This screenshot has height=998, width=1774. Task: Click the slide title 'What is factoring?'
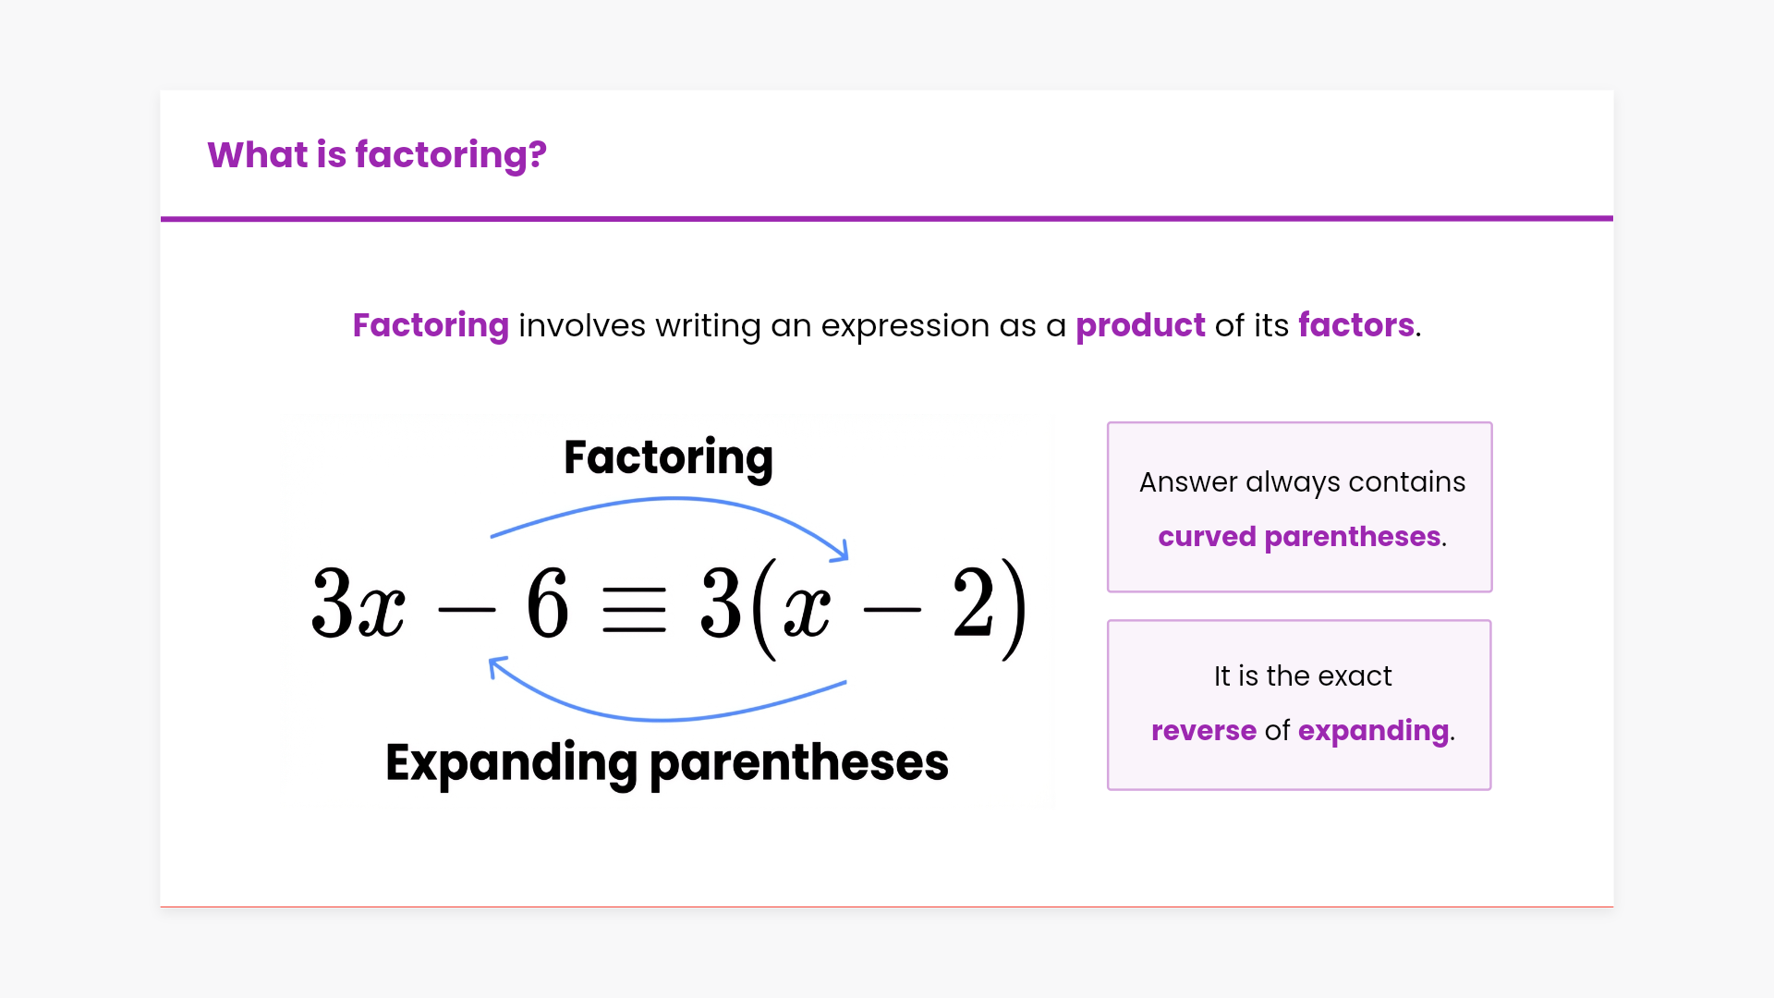(377, 155)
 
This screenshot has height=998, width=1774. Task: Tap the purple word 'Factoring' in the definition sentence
(431, 326)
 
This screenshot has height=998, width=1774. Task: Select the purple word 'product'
(1140, 326)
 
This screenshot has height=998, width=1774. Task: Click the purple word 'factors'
(1355, 325)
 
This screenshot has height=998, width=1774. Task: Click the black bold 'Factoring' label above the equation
(668, 459)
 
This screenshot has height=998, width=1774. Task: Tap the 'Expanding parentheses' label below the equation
(667, 763)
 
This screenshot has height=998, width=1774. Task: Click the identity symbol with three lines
(634, 610)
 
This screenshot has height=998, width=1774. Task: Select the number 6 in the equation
(547, 603)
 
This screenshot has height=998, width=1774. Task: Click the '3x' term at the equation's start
(358, 603)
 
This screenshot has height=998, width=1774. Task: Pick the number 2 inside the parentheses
(973, 603)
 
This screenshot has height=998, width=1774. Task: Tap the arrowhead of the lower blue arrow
(497, 665)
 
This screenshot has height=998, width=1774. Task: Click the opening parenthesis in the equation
(764, 608)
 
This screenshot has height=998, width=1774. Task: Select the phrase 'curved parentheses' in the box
(1299, 537)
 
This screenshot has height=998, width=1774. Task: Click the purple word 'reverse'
(1204, 731)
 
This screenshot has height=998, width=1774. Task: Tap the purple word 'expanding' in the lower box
(1373, 732)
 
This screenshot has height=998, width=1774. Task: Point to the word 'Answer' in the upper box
(1188, 482)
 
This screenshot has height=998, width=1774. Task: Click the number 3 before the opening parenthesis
(721, 603)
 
